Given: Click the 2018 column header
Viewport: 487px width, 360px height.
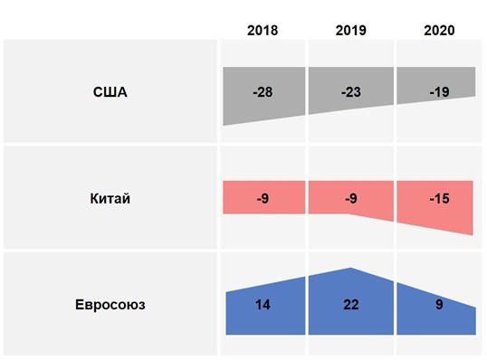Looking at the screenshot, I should pyautogui.click(x=263, y=31).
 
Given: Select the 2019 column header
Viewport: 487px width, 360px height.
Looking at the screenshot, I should pyautogui.click(x=350, y=31).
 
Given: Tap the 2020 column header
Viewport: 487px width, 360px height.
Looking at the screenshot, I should pyautogui.click(x=439, y=31).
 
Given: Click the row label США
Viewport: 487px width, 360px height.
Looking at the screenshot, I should pyautogui.click(x=110, y=91).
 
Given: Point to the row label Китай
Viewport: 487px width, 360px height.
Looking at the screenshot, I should pyautogui.click(x=111, y=199).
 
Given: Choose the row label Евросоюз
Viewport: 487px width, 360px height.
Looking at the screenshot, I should pyautogui.click(x=110, y=305).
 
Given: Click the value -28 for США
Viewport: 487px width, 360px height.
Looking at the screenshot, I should pyautogui.click(x=263, y=91).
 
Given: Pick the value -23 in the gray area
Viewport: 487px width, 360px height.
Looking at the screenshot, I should pyautogui.click(x=350, y=91).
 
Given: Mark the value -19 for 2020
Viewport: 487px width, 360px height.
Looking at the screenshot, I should pyautogui.click(x=439, y=91).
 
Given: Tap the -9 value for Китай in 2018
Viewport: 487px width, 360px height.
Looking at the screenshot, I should pyautogui.click(x=263, y=199).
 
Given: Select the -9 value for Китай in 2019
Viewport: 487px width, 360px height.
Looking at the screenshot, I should pyautogui.click(x=350, y=199).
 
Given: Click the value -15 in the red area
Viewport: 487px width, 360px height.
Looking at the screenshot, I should pyautogui.click(x=439, y=199).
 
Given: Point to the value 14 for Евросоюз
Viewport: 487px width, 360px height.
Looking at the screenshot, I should pyautogui.click(x=263, y=305).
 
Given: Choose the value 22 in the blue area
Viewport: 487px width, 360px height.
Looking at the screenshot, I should pyautogui.click(x=350, y=305).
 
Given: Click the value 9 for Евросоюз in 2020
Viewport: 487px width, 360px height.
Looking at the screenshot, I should pyautogui.click(x=439, y=305).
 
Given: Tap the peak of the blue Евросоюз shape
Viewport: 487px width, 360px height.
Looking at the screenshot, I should pyautogui.click(x=350, y=269).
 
